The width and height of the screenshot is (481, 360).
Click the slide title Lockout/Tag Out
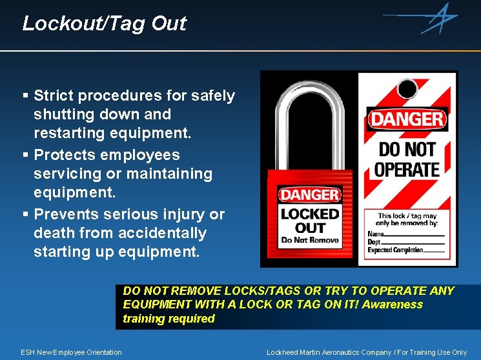104,24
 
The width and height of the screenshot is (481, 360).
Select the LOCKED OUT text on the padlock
310,220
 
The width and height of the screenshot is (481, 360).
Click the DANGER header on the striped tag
407,119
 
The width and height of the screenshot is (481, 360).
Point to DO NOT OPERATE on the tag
407,159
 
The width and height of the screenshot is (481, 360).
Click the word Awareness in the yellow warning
393,305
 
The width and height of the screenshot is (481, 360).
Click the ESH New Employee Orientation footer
71,352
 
